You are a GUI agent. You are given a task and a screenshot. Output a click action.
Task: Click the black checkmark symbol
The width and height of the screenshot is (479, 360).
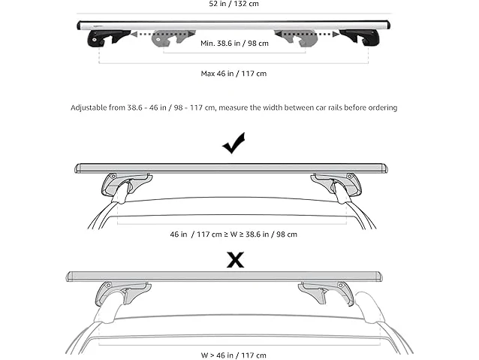233,143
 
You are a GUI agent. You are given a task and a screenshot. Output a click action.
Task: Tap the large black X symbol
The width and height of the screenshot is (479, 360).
235,260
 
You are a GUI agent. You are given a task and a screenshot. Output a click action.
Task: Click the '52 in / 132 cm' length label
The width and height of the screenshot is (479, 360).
233,4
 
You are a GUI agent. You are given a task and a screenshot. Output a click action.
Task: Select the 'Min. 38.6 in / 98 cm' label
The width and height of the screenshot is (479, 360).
234,44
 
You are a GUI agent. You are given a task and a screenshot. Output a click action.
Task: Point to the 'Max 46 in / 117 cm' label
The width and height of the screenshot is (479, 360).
233,74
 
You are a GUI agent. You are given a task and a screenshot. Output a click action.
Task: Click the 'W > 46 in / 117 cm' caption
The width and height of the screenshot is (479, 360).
233,355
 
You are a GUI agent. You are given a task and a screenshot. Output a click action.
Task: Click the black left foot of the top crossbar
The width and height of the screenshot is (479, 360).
108,38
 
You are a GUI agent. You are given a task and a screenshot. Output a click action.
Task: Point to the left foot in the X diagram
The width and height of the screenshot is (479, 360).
122,293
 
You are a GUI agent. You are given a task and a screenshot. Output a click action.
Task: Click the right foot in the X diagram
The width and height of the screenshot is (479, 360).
327,293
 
